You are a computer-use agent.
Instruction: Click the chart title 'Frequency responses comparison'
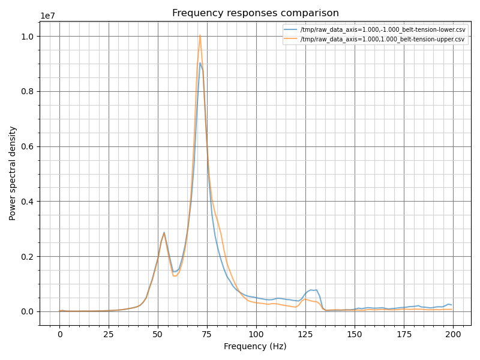[255, 13]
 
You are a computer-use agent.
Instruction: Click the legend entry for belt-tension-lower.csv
[382, 29]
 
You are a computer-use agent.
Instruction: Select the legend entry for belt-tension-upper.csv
[382, 40]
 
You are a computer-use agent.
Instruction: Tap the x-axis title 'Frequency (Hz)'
[255, 346]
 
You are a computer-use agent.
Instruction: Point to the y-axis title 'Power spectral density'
[13, 173]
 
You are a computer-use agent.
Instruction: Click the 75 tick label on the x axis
[207, 334]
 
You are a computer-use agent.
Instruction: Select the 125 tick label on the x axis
[305, 334]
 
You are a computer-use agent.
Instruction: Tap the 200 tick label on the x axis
[452, 334]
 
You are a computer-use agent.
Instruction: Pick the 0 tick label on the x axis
[59, 334]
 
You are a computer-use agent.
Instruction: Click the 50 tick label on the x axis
[158, 334]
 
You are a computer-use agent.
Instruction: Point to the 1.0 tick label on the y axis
[28, 37]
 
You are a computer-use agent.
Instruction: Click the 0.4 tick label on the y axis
[28, 202]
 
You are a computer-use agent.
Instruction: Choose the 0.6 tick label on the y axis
[28, 146]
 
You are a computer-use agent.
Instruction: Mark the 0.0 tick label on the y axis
[28, 311]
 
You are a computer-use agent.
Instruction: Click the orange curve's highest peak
[200, 35]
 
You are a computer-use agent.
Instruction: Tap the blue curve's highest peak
[200, 62]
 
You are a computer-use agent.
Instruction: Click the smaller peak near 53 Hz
[164, 233]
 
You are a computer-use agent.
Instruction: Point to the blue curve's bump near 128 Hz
[311, 290]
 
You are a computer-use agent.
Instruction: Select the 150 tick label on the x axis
[355, 334]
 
